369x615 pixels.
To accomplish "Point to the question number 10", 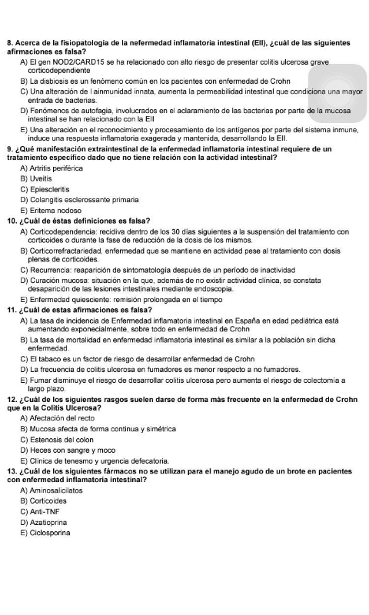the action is (11, 221).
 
